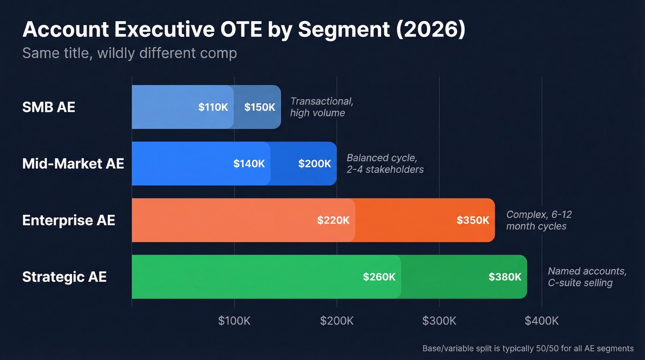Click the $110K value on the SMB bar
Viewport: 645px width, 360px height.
point(213,107)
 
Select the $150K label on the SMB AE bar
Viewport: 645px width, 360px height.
point(259,107)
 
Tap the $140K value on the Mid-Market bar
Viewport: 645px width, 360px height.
point(249,164)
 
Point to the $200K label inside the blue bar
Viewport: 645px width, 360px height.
point(314,164)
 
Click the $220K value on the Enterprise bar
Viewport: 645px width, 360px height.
point(333,220)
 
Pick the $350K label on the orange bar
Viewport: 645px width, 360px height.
point(473,220)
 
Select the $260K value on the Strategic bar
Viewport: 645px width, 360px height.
point(379,277)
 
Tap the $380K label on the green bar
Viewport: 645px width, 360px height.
point(505,277)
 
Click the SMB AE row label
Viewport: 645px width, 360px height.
point(48,107)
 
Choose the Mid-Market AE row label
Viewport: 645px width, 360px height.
point(73,164)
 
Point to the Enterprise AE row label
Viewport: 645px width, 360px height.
point(68,220)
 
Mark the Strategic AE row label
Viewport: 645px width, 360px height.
point(64,277)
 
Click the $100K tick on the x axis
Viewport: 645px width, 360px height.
point(234,321)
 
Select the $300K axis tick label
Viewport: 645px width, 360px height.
point(439,321)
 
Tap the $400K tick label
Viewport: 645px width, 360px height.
point(541,321)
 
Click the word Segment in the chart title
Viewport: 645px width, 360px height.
point(343,30)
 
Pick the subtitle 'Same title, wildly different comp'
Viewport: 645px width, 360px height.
point(129,53)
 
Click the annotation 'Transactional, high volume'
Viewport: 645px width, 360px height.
point(322,107)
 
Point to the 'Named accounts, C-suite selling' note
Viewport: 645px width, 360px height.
point(586,277)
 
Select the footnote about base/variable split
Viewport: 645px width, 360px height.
point(528,348)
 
